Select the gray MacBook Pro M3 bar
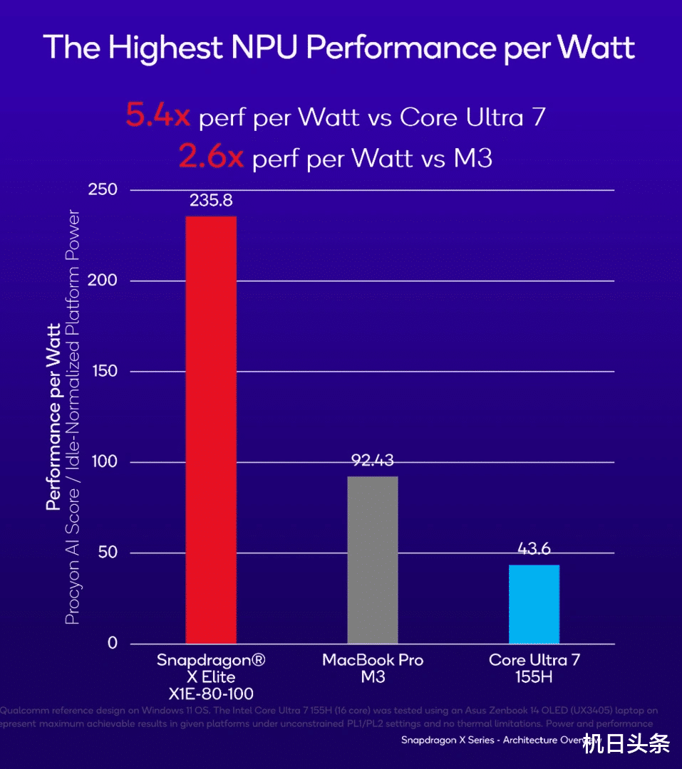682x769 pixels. click(372, 560)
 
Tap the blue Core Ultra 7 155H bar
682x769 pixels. click(534, 604)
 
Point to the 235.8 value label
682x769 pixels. click(211, 201)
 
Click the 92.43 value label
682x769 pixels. click(373, 461)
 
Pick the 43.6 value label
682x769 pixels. click(534, 549)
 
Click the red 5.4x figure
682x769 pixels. click(157, 116)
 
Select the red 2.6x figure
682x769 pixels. click(211, 157)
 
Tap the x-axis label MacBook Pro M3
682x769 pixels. click(373, 668)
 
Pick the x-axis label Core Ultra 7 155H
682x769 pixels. click(534, 668)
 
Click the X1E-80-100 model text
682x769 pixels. click(211, 694)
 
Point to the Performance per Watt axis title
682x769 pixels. click(53, 417)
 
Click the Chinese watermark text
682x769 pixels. click(626, 746)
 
